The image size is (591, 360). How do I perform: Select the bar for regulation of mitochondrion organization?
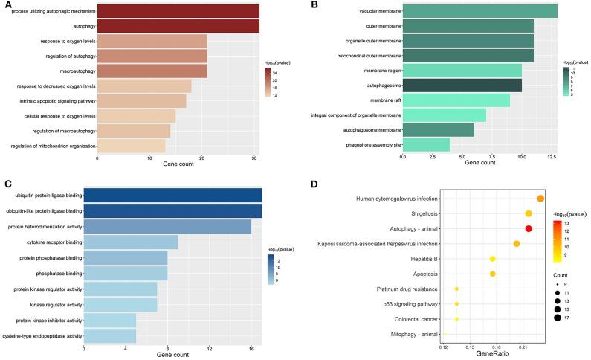[x=131, y=146]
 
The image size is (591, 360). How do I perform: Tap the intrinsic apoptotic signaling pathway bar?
[x=141, y=100]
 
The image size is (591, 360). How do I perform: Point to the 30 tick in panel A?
[x=255, y=158]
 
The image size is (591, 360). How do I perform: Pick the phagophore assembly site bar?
[x=426, y=144]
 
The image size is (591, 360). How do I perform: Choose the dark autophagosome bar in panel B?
[x=462, y=85]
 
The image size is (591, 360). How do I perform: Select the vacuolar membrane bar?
[x=479, y=10]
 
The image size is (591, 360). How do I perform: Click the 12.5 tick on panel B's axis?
[x=552, y=158]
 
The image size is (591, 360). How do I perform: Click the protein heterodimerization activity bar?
[x=167, y=226]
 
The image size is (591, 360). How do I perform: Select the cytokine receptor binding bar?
[x=131, y=242]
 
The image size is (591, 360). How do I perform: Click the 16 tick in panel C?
[x=251, y=349]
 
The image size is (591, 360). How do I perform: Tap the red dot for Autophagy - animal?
[x=529, y=228]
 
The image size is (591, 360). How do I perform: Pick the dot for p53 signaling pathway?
[x=456, y=303]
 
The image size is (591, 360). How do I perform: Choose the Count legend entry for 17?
[x=558, y=318]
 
